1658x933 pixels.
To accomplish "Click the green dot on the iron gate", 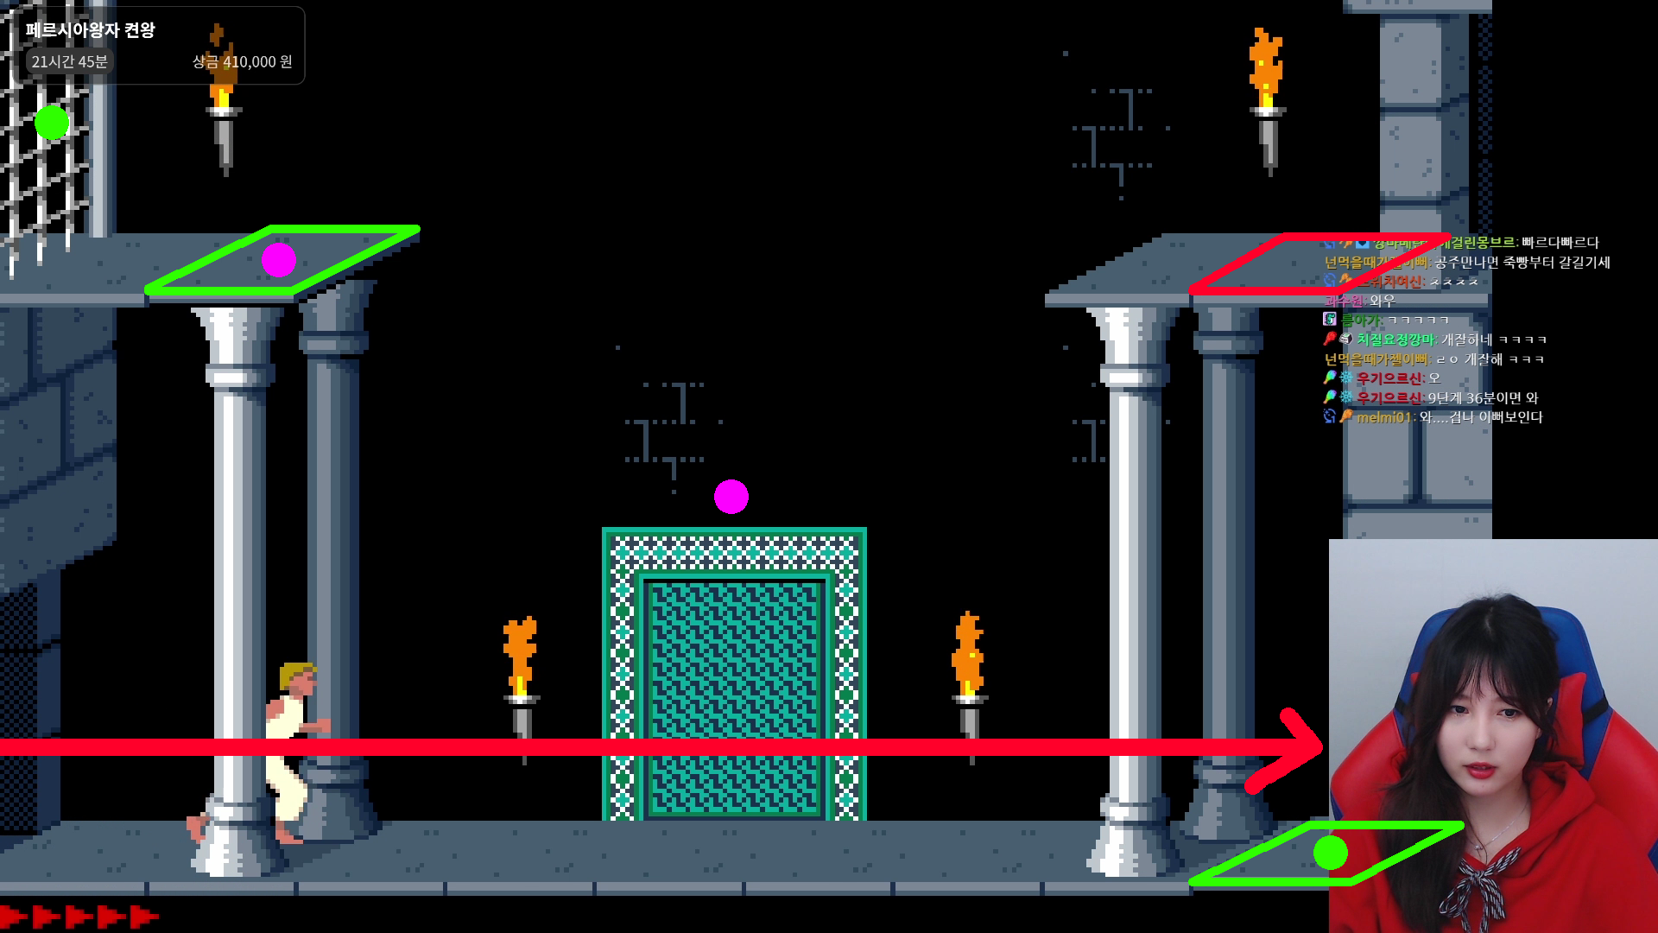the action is coord(52,123).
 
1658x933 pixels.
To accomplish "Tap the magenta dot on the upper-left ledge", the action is coord(279,260).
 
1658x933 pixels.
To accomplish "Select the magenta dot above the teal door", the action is coord(731,497).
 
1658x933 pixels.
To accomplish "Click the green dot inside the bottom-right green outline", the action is coord(1330,853).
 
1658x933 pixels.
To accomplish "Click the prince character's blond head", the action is coord(298,677).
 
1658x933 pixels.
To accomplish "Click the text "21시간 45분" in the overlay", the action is coord(70,62).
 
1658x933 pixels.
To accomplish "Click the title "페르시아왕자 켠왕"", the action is coord(91,30).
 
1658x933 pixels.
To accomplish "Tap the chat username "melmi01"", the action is coord(1383,417).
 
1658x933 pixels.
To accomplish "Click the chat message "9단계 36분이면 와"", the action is coord(1483,398).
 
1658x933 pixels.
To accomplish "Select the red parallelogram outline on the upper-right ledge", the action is coord(1321,263).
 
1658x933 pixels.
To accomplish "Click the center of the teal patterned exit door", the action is coord(734,674).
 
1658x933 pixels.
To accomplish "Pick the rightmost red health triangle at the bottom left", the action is coord(143,916).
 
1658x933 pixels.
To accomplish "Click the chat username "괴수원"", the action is coord(1344,301).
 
